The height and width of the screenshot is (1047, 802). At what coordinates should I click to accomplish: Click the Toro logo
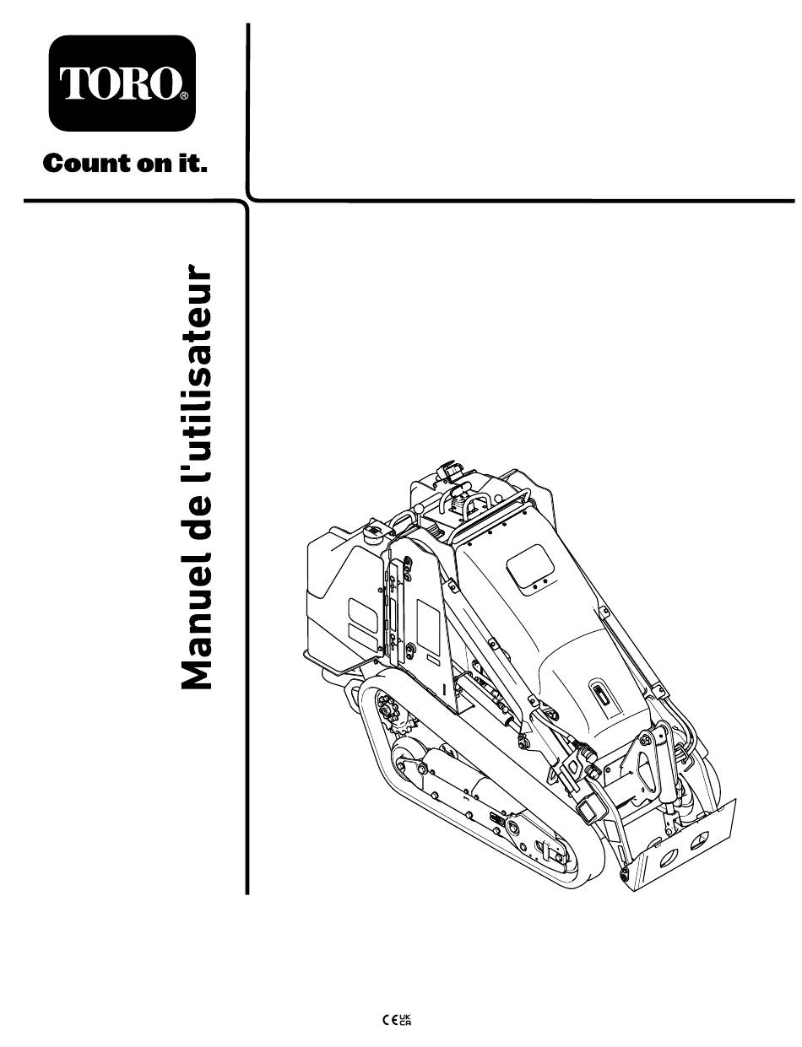tap(122, 83)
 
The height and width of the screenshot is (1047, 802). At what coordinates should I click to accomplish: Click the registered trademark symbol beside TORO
tap(184, 96)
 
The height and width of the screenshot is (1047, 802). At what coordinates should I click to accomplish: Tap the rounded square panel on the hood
tap(529, 566)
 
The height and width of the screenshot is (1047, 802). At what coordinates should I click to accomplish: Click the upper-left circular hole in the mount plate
tap(669, 855)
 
